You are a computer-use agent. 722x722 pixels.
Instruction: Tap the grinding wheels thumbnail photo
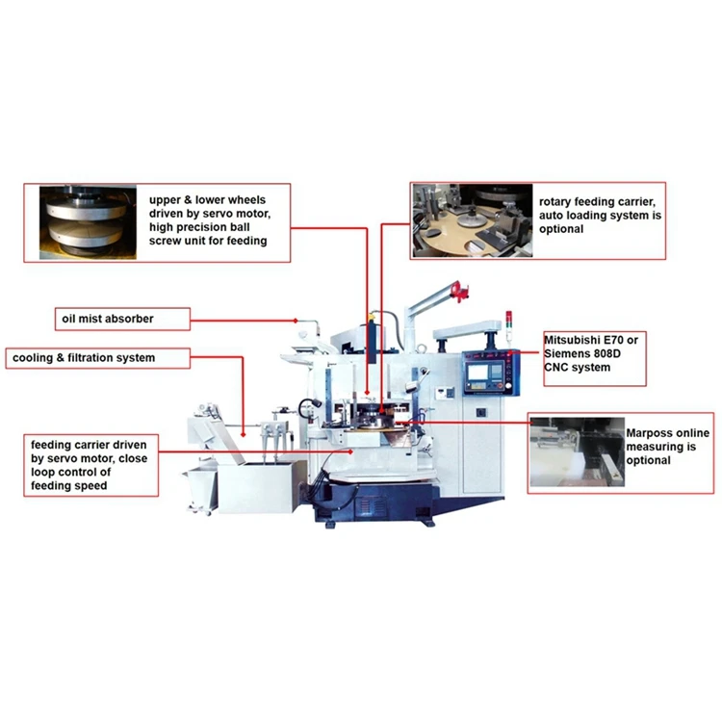tap(89, 222)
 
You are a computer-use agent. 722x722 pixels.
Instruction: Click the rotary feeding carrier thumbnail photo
tap(472, 220)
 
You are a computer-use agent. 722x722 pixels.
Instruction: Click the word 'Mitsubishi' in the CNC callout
tap(575, 341)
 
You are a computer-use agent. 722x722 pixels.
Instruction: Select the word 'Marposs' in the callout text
tap(653, 434)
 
